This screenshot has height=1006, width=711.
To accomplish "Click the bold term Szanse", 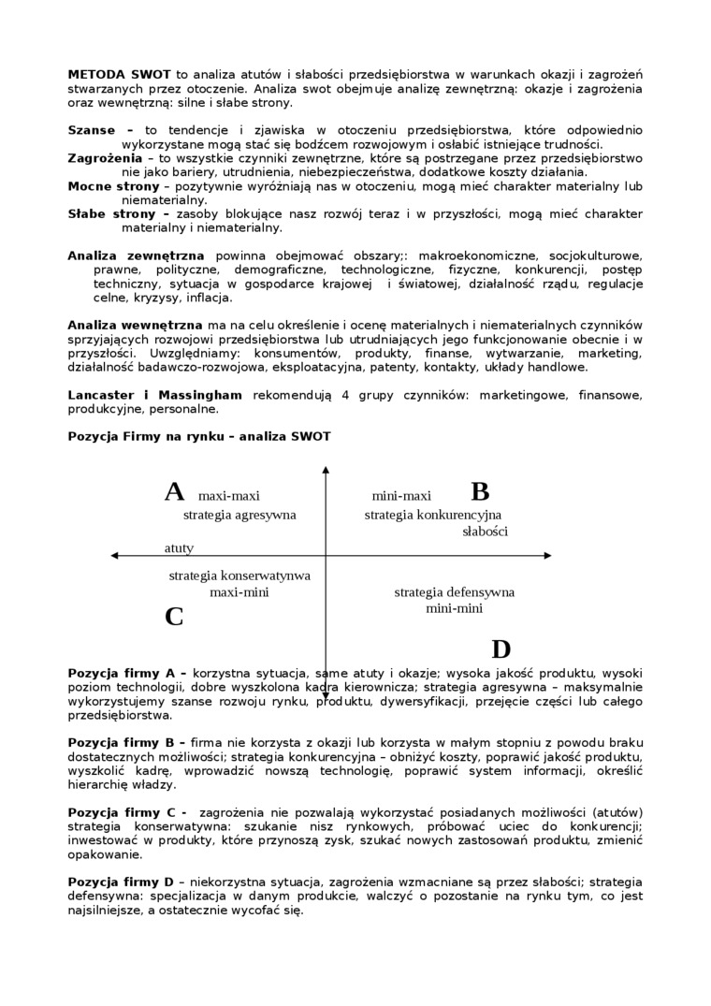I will pyautogui.click(x=92, y=130).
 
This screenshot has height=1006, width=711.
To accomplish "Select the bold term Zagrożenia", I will pyautogui.click(x=104, y=158).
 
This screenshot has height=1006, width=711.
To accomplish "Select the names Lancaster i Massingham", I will pyautogui.click(x=154, y=395).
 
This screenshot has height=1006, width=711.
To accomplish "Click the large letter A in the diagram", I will pyautogui.click(x=174, y=492).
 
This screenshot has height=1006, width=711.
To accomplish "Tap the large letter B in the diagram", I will pyautogui.click(x=480, y=492).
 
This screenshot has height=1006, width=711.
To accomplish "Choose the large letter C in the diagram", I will pyautogui.click(x=174, y=618).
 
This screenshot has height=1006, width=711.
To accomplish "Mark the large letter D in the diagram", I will pyautogui.click(x=501, y=649).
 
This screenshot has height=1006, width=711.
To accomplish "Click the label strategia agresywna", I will pyautogui.click(x=239, y=515).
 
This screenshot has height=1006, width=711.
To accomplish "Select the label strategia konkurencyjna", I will pyautogui.click(x=433, y=515).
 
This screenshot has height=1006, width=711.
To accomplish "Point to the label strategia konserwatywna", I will pyautogui.click(x=239, y=576).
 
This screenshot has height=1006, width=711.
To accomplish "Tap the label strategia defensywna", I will pyautogui.click(x=454, y=592).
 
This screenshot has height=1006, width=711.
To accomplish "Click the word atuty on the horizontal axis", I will pyautogui.click(x=180, y=547).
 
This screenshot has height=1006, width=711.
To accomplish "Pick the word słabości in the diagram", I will pyautogui.click(x=485, y=532).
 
